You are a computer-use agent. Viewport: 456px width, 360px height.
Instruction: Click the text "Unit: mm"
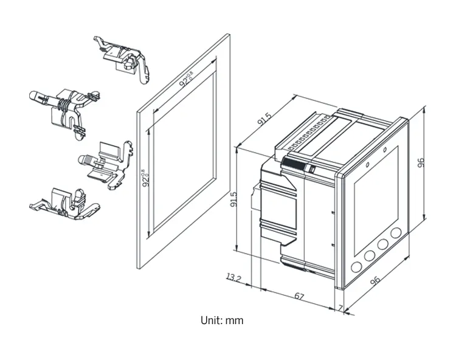(222, 320)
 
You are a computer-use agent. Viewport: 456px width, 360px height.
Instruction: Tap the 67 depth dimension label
(299, 296)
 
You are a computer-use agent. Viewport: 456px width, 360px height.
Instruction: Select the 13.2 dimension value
(234, 279)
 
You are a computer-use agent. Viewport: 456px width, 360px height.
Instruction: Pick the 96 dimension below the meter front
(375, 281)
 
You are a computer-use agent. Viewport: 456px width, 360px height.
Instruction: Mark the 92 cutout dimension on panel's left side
(146, 181)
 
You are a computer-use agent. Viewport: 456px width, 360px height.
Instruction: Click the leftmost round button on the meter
(356, 268)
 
